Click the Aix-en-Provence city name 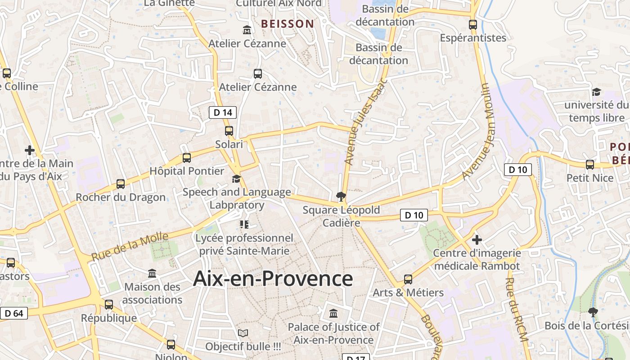click(x=273, y=279)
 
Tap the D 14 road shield click(x=223, y=112)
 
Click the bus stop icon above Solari click(x=229, y=131)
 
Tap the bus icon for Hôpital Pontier click(x=187, y=158)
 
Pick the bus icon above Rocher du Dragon click(x=121, y=184)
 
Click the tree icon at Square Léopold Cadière click(x=341, y=196)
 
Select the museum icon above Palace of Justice click(x=333, y=313)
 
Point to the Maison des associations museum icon click(x=152, y=273)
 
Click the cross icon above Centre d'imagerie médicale click(x=477, y=240)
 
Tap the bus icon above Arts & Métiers click(x=408, y=279)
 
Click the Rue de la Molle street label click(x=130, y=246)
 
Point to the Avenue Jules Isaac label click(x=365, y=122)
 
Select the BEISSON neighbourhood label click(x=288, y=24)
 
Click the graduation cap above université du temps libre click(x=597, y=92)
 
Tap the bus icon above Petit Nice click(x=590, y=165)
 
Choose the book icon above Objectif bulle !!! click(x=243, y=333)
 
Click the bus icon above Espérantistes click(x=473, y=25)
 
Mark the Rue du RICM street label click(x=516, y=310)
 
